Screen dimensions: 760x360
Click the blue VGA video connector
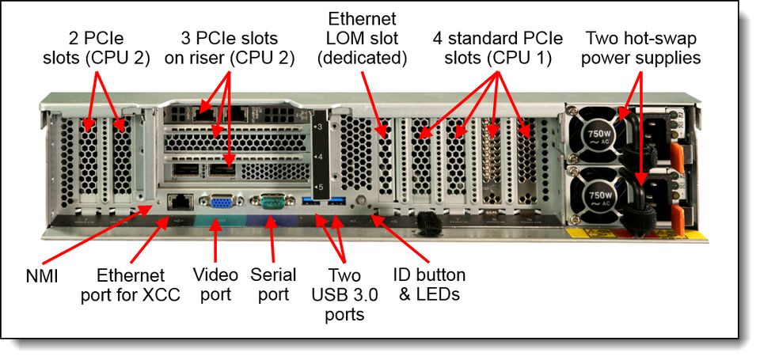click(x=215, y=202)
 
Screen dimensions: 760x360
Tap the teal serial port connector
click(x=272, y=202)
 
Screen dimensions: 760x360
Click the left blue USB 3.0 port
click(x=311, y=203)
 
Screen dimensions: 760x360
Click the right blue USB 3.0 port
click(x=337, y=203)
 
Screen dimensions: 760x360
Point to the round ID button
click(x=361, y=200)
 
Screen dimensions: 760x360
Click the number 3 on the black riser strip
click(x=319, y=127)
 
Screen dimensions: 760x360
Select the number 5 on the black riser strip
click(x=319, y=187)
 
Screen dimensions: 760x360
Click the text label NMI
click(x=42, y=277)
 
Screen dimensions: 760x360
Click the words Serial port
click(x=273, y=284)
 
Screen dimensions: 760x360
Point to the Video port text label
click(x=215, y=284)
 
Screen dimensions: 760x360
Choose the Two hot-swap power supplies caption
click(x=641, y=47)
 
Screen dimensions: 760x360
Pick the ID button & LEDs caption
click(x=429, y=284)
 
